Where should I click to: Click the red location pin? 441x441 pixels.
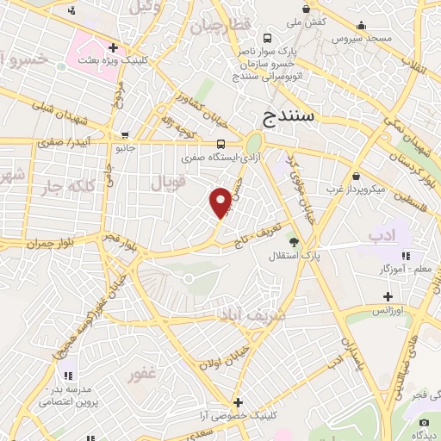(221, 202)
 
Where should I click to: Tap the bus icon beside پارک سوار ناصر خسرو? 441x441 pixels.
(269, 38)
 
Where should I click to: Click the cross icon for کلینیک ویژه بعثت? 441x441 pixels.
(113, 47)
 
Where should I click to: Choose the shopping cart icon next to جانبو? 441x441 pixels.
(126, 135)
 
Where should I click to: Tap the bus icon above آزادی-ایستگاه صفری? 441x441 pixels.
(221, 144)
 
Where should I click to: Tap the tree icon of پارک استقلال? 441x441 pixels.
(294, 242)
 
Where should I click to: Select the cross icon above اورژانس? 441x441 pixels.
(388, 296)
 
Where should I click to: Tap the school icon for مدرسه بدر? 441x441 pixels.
(68, 376)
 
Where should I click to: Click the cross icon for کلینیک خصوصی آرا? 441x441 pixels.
(238, 401)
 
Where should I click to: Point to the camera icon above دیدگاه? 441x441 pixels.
(423, 422)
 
